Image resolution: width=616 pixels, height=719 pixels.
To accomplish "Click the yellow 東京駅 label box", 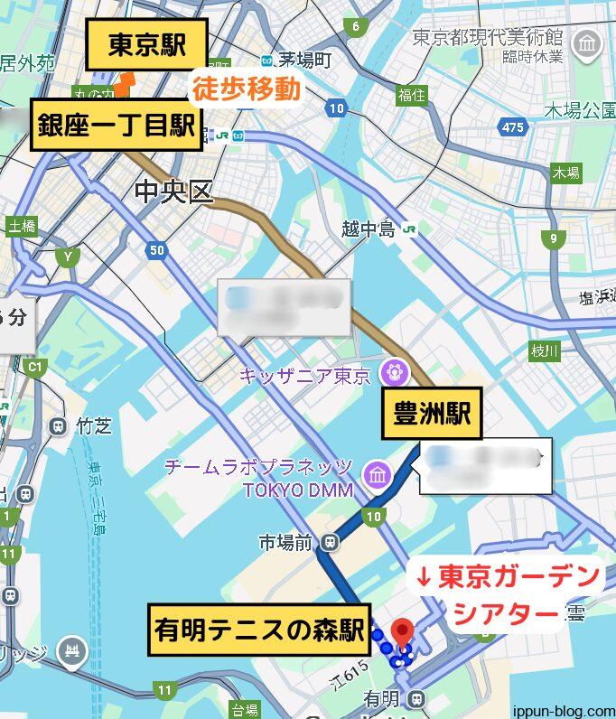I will tap(147, 45).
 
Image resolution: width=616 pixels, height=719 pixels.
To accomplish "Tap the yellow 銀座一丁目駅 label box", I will tap(117, 126).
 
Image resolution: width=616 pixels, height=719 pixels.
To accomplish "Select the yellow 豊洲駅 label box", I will tap(431, 414).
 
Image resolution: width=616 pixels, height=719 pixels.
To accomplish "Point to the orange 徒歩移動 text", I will tap(246, 90).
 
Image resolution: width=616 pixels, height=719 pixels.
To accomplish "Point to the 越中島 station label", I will tap(369, 229).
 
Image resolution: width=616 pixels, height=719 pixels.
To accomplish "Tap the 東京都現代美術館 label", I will tap(488, 38).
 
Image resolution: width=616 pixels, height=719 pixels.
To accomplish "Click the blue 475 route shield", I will tap(512, 127).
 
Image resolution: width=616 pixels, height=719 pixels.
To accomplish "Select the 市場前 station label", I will tap(285, 542).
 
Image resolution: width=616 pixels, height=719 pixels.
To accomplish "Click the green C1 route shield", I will tap(35, 367).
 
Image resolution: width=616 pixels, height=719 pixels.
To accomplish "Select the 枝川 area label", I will tap(546, 350).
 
